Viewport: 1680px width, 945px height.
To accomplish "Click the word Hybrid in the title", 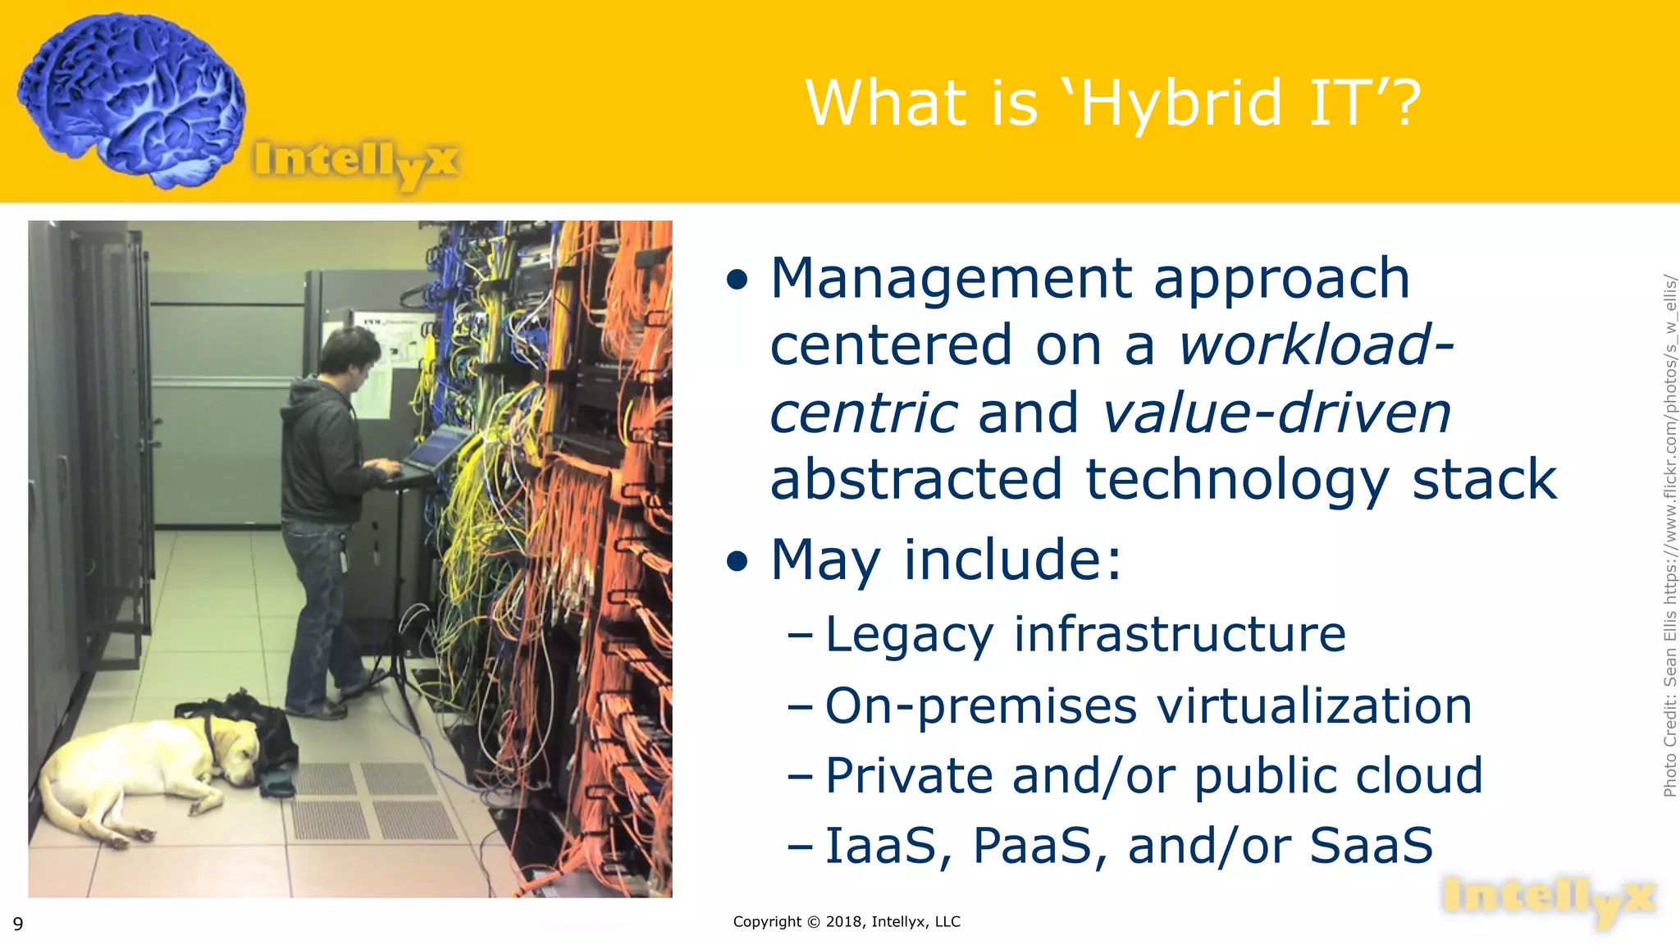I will tap(1181, 103).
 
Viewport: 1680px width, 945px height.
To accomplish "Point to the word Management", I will tap(952, 279).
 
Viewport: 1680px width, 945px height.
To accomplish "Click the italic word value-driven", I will tap(1276, 413).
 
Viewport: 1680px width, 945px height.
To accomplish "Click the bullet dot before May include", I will tap(737, 562).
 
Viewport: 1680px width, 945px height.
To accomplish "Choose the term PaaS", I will tap(1039, 847).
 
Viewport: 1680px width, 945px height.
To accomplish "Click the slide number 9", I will tap(18, 924).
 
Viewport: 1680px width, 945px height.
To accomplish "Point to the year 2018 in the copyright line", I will tap(844, 922).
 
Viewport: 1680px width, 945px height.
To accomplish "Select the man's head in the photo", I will tap(348, 353).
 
